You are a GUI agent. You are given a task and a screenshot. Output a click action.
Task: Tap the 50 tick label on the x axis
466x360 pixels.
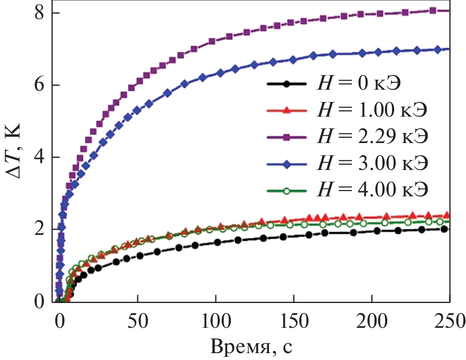[137, 319]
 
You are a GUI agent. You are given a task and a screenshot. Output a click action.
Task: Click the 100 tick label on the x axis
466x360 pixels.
[216, 319]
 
